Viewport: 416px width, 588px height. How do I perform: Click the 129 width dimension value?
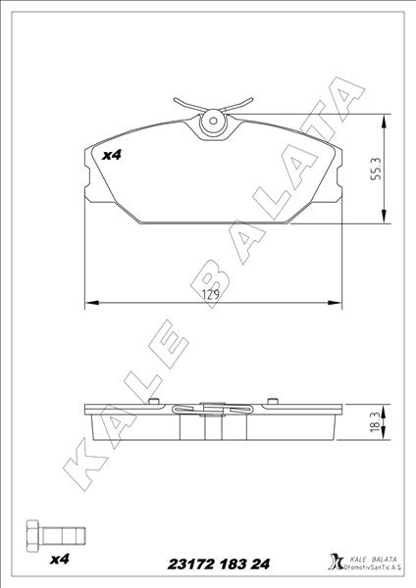tap(209, 293)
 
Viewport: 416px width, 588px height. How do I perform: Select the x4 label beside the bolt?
tap(60, 560)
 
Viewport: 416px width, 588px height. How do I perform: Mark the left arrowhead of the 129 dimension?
tap(91, 301)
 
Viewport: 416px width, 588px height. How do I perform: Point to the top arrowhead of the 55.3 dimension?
tap(381, 119)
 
